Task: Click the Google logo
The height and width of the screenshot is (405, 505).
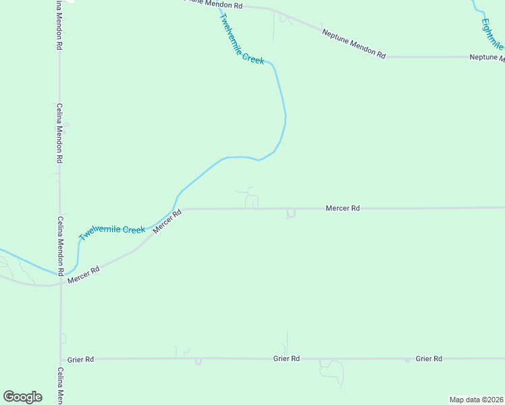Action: [x=22, y=397]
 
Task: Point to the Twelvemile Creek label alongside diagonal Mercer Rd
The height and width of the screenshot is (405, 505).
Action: [x=112, y=232]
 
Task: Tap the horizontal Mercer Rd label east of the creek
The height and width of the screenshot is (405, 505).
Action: [x=342, y=209]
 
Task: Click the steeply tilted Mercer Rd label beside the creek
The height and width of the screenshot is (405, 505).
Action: [x=167, y=221]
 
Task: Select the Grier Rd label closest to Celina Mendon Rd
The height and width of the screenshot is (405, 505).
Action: [x=80, y=360]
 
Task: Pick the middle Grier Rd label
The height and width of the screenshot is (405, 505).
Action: [x=286, y=359]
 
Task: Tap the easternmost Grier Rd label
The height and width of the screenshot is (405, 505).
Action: [x=429, y=358]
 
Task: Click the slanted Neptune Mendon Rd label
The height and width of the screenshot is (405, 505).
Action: [x=353, y=44]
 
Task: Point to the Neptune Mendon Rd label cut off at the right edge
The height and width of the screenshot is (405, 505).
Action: [x=487, y=58]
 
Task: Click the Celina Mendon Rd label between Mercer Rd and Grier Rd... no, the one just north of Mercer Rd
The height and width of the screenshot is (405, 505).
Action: [x=60, y=245]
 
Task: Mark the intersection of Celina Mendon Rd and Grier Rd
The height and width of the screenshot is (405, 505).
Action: [x=61, y=360]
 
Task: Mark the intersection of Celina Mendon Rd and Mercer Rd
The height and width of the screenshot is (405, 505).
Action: [x=61, y=283]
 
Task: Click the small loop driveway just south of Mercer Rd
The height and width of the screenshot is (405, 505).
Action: [x=291, y=214]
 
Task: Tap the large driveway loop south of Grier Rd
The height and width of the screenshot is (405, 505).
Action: [x=331, y=369]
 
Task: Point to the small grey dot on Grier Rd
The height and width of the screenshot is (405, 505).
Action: [x=407, y=360]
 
